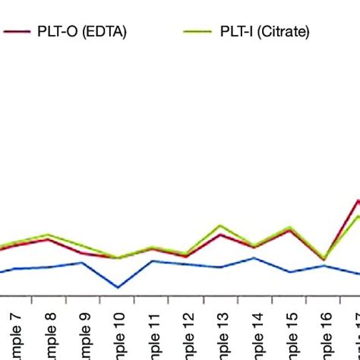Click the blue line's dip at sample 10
[118, 288]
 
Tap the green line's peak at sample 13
[220, 226]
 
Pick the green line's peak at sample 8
[49, 235]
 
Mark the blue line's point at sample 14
[254, 258]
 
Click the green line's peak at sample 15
[289, 227]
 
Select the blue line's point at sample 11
[153, 261]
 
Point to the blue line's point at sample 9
[83, 263]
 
